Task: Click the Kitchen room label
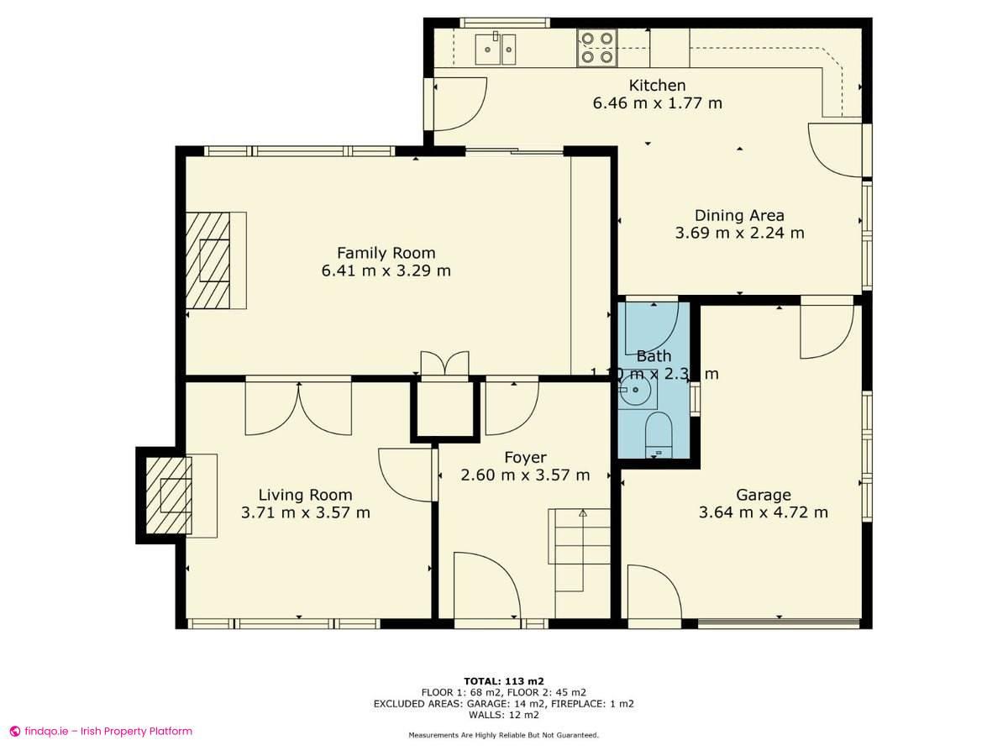point(657,85)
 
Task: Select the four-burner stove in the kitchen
point(596,48)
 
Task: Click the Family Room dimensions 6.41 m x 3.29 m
point(386,270)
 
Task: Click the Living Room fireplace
point(169,496)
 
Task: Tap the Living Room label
point(305,495)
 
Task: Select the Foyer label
point(525,457)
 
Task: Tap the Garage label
point(763,494)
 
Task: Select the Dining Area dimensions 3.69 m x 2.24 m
point(739,233)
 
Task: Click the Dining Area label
point(739,215)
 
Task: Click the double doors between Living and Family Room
point(298,407)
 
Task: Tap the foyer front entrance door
point(487,588)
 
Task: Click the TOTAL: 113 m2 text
point(502,680)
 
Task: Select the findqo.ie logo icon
point(15,731)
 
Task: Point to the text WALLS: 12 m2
point(502,716)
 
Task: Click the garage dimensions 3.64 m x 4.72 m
point(763,512)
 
